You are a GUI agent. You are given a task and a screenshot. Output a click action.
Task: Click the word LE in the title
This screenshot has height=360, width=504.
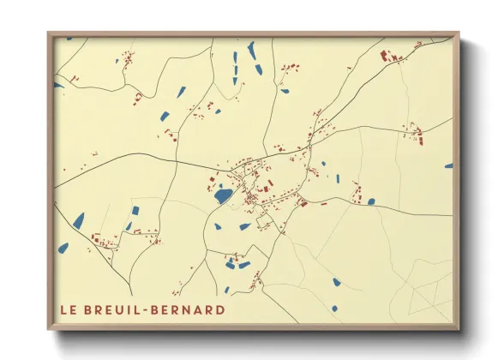click(x=69, y=309)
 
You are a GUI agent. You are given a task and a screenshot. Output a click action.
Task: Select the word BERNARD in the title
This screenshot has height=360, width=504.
click(x=194, y=309)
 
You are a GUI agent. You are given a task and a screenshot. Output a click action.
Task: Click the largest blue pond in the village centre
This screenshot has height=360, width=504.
click(x=223, y=196)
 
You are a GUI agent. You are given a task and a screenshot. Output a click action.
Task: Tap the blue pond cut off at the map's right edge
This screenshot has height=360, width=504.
click(x=448, y=166)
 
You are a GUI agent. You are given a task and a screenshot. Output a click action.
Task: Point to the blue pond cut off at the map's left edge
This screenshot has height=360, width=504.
click(x=58, y=85)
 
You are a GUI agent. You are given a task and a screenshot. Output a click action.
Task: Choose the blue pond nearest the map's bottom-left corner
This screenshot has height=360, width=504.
click(x=63, y=248)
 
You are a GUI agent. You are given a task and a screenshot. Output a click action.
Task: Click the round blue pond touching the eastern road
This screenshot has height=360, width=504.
click(x=371, y=202)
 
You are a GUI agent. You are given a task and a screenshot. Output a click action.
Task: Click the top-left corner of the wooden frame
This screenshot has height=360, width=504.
click(x=49, y=33)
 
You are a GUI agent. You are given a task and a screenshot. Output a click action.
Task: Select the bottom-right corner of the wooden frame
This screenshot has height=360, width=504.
click(x=459, y=328)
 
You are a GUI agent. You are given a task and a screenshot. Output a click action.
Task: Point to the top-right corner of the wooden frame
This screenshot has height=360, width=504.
click(x=459, y=33)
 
